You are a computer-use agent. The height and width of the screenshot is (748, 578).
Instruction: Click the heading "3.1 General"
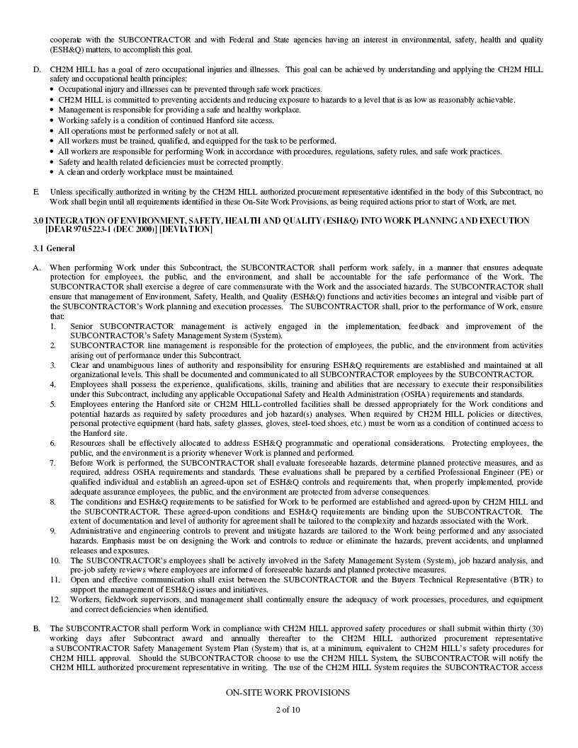coord(54,248)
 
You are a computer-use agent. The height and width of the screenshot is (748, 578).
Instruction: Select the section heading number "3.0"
coord(38,221)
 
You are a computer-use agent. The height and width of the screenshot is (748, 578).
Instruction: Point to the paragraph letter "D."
coord(37,69)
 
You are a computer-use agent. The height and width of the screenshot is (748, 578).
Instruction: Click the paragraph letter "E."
coord(36,192)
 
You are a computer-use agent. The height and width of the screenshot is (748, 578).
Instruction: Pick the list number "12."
coord(55,599)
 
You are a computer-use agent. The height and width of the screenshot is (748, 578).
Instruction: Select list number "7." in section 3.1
coord(52,462)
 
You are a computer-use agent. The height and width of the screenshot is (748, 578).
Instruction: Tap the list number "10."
coord(55,560)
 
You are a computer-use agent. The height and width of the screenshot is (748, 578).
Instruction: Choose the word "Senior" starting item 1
coord(82,326)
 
